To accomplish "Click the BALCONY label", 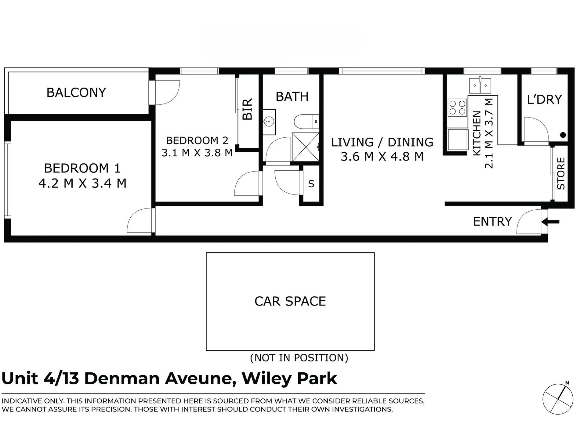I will (x=76, y=92).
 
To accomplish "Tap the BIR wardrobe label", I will (x=247, y=109).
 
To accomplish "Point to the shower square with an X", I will (x=305, y=147).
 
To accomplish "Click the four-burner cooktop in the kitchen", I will (x=457, y=108).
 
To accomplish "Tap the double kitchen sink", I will (x=480, y=86).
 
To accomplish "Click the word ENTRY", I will (x=492, y=222).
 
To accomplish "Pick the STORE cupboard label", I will (x=561, y=173).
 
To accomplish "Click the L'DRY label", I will (x=544, y=100).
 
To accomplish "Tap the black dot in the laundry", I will (x=563, y=135).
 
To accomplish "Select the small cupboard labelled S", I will (x=311, y=184).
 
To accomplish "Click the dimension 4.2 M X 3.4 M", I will (x=82, y=183).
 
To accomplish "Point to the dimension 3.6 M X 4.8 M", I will (x=382, y=157).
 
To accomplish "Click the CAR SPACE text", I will (x=290, y=301).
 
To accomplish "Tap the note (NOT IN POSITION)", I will (x=299, y=358).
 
